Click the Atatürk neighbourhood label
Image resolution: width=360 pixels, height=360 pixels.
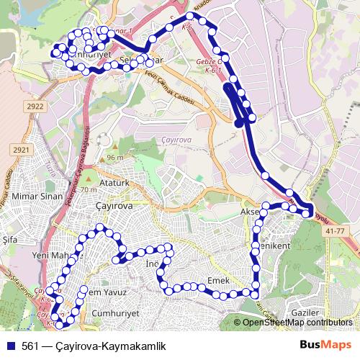114,184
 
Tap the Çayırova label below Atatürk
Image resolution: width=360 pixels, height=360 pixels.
114,205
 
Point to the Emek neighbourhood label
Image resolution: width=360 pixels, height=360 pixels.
217,279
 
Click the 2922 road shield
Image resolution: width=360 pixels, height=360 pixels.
35,107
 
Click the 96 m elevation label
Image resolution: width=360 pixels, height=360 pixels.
115,158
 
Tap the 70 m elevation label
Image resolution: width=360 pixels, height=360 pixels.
89,189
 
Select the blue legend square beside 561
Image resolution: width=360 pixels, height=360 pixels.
10,345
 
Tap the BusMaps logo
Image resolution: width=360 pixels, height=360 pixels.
325,345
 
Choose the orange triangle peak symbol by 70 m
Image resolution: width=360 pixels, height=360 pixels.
89,179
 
